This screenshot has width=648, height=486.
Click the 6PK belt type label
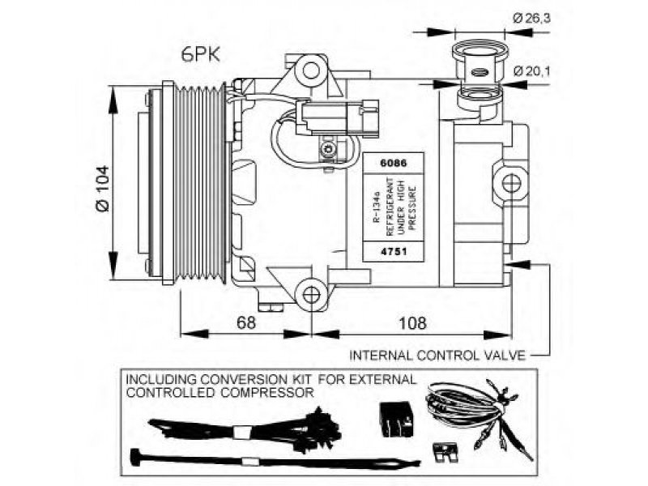tap(200, 54)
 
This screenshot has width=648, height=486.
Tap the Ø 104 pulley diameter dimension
tap(102, 188)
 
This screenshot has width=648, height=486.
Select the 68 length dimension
tap(246, 322)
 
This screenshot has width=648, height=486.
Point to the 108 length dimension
tap(412, 322)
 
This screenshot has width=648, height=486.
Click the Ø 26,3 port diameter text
tap(531, 18)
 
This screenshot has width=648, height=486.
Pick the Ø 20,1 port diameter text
tap(532, 71)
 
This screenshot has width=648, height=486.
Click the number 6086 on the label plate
tap(393, 163)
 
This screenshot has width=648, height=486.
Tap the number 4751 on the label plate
tap(393, 251)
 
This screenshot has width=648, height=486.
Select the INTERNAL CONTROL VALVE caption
tap(437, 356)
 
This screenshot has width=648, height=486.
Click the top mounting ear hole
tap(311, 70)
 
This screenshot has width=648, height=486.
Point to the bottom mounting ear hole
tap(311, 295)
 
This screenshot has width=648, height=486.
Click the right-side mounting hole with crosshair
tap(512, 183)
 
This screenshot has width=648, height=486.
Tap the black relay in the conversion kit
tap(396, 419)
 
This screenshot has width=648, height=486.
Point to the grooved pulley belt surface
tap(199, 183)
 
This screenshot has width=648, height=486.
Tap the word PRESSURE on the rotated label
tap(412, 207)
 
